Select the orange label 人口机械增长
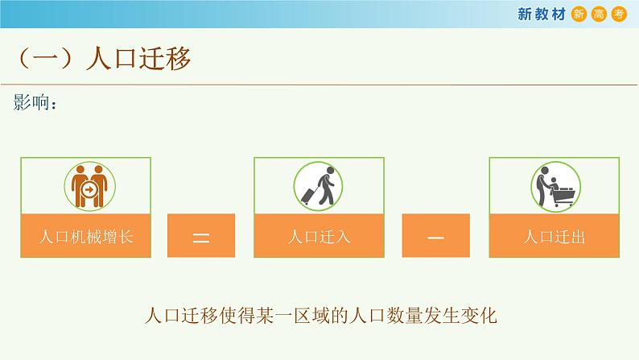85,236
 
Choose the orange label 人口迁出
554,236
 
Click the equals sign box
201,236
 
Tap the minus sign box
436,236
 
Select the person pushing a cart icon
554,185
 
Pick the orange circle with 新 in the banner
579,13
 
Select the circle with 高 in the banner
599,13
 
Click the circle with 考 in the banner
618,13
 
